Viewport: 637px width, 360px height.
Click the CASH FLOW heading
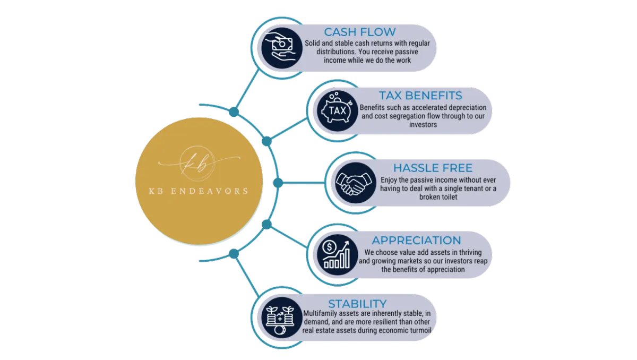click(x=360, y=32)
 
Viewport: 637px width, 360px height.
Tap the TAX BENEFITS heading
click(x=420, y=96)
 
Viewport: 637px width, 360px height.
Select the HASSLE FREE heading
click(x=433, y=168)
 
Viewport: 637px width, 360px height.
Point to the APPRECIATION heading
click(x=416, y=241)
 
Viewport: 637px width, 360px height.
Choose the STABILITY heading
click(x=357, y=304)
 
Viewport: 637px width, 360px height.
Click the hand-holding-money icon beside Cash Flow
click(x=282, y=48)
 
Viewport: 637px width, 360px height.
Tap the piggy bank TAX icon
click(x=337, y=111)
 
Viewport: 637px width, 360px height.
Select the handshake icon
click(x=356, y=183)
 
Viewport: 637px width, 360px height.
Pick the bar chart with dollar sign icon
click(x=337, y=255)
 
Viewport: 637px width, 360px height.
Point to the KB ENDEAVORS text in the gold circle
click(x=199, y=191)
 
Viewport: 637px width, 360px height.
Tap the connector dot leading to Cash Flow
click(x=234, y=112)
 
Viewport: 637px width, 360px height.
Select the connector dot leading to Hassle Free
click(x=278, y=183)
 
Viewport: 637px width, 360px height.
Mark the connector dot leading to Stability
click(x=234, y=254)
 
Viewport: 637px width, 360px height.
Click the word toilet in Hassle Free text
click(x=448, y=197)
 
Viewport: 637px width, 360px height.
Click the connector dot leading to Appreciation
click(x=266, y=225)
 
